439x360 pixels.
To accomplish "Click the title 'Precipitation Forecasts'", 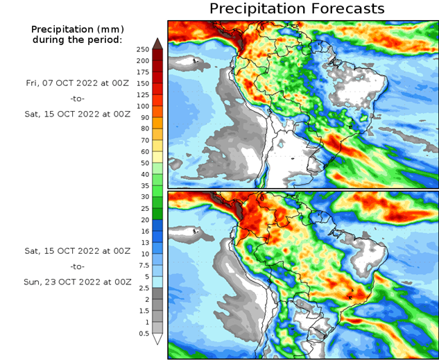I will [297, 9].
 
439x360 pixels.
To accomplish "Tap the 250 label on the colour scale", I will [144, 50].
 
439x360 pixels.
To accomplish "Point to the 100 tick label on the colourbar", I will [144, 106].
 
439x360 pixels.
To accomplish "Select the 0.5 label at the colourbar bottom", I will [144, 334].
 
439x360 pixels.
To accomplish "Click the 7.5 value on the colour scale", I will [144, 265].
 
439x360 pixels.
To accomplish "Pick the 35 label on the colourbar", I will [144, 186].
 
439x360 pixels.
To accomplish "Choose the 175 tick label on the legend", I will [144, 72].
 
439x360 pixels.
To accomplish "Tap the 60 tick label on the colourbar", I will [144, 151].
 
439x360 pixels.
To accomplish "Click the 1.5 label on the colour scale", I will [144, 311].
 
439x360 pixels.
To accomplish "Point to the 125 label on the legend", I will [144, 95].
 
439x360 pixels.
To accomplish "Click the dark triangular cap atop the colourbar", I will [157, 44].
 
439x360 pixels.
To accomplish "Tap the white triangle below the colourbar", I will [157, 339].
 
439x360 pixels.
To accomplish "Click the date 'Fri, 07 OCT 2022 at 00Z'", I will [76, 82].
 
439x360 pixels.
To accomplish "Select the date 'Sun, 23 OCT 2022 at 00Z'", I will [76, 282].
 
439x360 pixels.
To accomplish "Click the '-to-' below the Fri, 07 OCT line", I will [76, 98].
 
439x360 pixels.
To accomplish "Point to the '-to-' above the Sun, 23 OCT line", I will [76, 266].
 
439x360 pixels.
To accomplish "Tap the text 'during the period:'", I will [76, 40].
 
